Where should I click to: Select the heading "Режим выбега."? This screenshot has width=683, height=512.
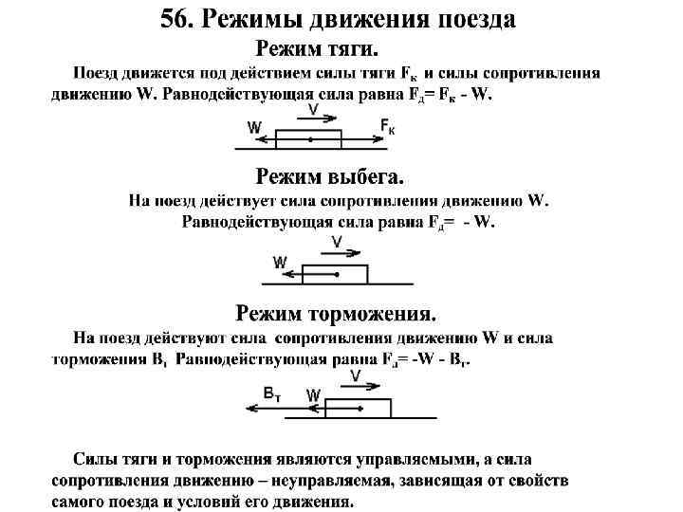click(330, 177)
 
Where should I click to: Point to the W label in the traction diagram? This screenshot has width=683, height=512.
click(254, 126)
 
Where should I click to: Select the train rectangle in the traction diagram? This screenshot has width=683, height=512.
click(308, 139)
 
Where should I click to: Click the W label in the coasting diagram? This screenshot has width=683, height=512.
click(280, 262)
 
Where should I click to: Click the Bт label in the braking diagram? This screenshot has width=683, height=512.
click(273, 393)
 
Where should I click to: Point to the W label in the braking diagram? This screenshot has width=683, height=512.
click(314, 394)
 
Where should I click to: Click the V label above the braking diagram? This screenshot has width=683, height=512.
click(355, 377)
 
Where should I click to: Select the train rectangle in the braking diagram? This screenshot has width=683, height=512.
click(357, 409)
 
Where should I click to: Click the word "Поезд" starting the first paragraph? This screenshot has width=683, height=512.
click(100, 74)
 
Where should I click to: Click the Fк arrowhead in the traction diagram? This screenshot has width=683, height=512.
click(383, 139)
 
